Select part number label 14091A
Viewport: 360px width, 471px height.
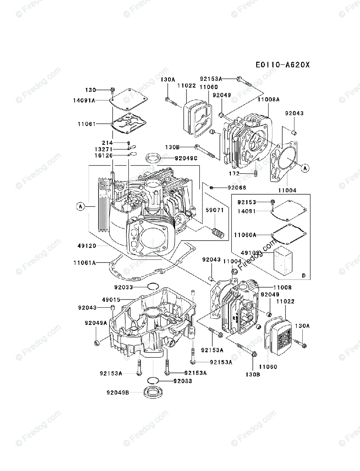(x=84, y=100)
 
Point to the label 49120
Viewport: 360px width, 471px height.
(x=86, y=246)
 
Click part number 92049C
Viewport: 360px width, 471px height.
(x=176, y=158)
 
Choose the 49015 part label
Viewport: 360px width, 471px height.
(x=111, y=299)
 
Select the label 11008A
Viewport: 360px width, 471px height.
(x=269, y=100)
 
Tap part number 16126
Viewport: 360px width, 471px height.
(x=104, y=156)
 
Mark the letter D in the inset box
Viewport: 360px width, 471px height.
(x=303, y=276)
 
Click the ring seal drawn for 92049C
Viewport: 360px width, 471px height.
(x=154, y=159)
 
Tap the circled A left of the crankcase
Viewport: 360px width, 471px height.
(x=80, y=206)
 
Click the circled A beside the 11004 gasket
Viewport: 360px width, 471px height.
(x=305, y=168)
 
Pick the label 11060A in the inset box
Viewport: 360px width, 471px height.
(x=245, y=235)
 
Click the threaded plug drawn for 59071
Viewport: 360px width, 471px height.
(x=218, y=233)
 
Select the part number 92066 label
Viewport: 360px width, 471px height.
(x=236, y=188)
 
